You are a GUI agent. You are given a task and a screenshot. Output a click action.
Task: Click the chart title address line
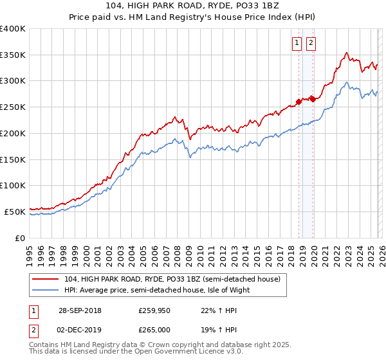point(192,6)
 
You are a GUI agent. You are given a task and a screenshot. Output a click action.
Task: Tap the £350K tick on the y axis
point(13,55)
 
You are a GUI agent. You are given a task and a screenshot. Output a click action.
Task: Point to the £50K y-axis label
point(15,212)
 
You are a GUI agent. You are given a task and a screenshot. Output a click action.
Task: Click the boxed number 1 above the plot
point(297,43)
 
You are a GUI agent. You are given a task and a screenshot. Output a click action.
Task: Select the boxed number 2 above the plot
point(311,43)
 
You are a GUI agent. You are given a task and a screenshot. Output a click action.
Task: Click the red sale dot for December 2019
point(312,98)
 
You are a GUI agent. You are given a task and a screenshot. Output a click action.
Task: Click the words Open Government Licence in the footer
point(192,353)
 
